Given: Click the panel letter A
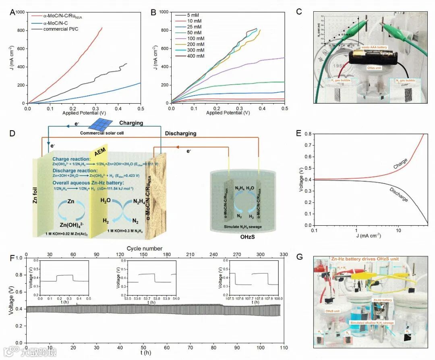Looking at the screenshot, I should pyautogui.click(x=12, y=12).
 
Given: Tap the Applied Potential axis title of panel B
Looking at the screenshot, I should pyautogui.click(x=228, y=112).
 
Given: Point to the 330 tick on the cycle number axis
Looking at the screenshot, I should pyautogui.click(x=284, y=255).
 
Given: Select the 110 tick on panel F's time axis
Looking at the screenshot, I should pyautogui.click(x=284, y=347).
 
